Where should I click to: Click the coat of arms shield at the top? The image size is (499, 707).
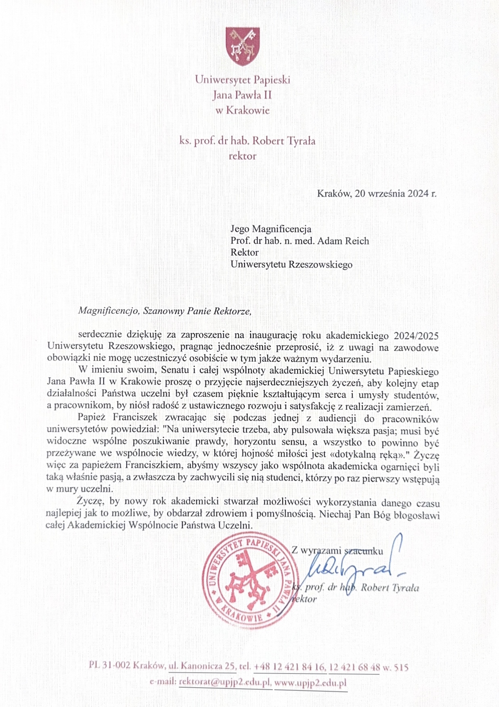coord(242,46)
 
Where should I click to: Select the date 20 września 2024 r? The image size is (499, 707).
coord(396,194)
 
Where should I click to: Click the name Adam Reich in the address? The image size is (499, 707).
coord(343,241)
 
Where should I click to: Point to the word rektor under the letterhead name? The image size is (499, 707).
coord(242,156)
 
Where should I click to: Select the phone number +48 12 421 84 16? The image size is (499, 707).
coord(289,667)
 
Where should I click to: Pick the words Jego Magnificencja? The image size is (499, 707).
coord(271,229)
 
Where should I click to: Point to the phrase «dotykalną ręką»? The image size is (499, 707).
coord(367,454)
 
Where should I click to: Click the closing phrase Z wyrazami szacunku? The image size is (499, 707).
coord(337,551)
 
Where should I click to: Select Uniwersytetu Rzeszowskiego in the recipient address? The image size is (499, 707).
coord(291,265)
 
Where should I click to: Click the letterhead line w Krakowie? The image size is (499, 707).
coord(242,110)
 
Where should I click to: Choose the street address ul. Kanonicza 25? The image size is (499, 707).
coord(202,667)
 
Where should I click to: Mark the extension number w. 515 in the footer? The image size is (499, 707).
coord(396,667)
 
